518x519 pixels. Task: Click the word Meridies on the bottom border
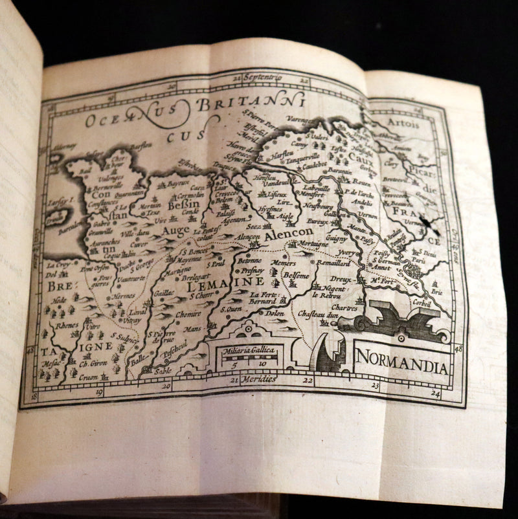[258, 380]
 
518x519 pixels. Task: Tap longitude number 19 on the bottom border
[99, 392]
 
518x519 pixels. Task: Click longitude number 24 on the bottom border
[435, 392]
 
